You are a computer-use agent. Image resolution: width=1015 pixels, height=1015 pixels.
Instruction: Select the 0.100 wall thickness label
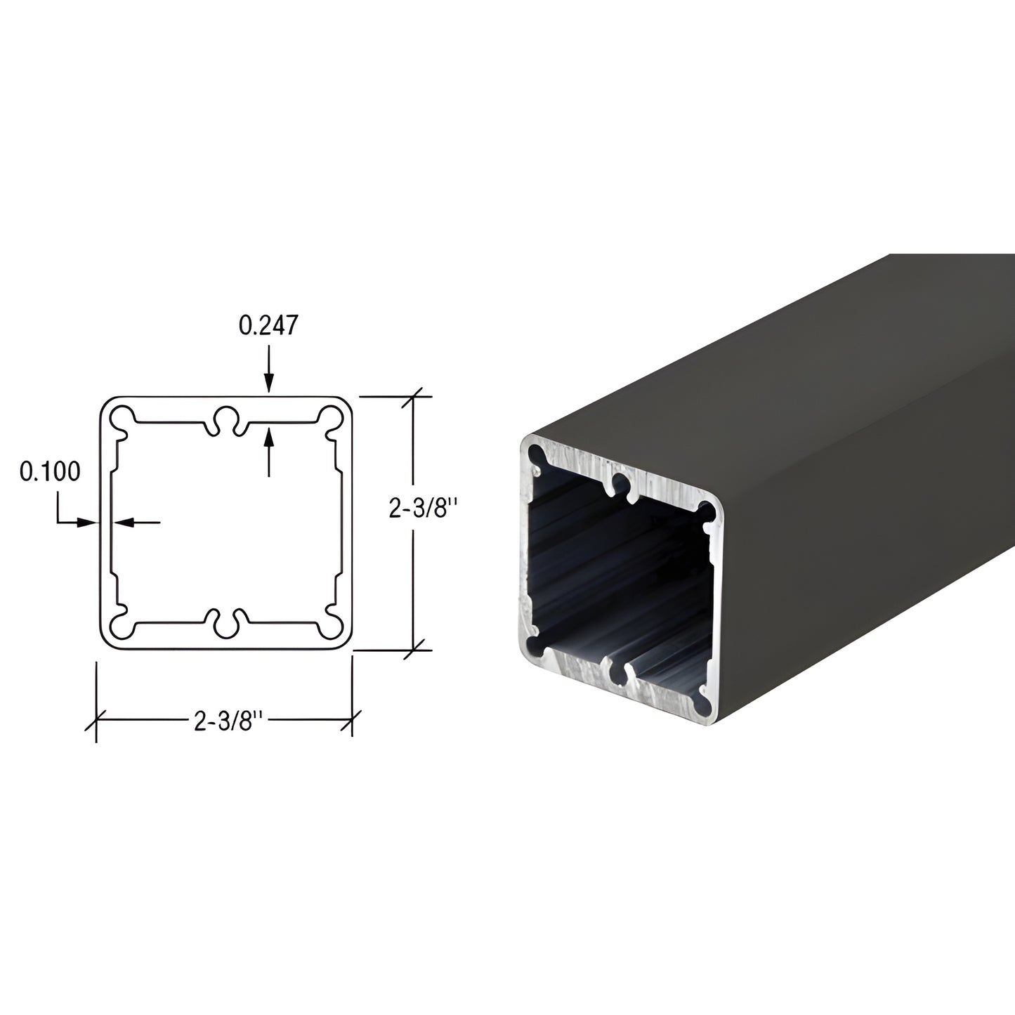[50, 471]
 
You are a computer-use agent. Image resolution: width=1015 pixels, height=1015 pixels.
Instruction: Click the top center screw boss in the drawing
[226, 417]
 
